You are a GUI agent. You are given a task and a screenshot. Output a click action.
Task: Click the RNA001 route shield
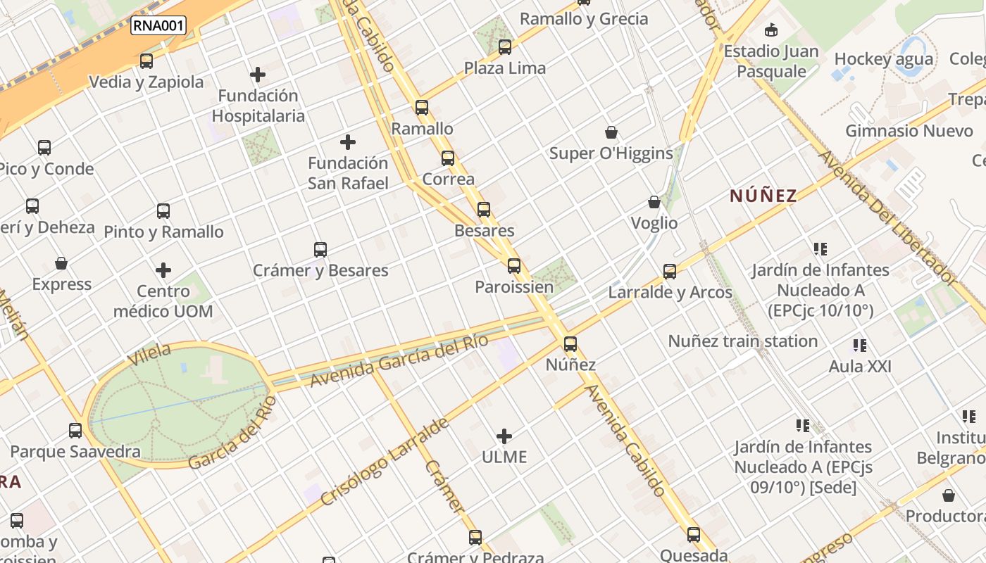coord(158,26)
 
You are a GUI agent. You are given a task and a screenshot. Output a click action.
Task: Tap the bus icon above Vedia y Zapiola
coord(146,61)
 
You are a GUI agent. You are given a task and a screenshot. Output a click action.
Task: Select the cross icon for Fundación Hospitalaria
coord(258,74)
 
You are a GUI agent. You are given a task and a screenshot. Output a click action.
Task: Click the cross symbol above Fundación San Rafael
coord(348,142)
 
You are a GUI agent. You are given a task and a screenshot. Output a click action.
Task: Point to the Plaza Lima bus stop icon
coord(505,47)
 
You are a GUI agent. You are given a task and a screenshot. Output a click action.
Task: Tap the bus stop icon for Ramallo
coord(422,108)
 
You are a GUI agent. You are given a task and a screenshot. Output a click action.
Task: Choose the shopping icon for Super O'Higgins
coord(611,132)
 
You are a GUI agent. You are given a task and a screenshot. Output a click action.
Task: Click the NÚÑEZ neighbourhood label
coord(763,196)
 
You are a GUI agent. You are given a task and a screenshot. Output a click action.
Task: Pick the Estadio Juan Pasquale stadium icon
coord(771,30)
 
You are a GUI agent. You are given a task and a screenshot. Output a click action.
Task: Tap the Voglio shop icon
coord(654,203)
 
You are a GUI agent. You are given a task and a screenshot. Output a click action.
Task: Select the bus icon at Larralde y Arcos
coord(670,271)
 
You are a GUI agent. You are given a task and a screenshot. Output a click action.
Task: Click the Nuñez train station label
coord(742,341)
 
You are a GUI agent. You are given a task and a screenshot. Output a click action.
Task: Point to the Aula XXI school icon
coord(860,346)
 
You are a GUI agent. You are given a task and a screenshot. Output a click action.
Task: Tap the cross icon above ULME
coord(504,436)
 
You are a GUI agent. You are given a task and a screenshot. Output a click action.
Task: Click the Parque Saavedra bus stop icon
coord(75,431)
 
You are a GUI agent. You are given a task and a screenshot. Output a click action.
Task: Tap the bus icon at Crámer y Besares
coord(320,250)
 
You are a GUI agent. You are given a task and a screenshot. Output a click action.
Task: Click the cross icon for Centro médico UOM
coord(163,270)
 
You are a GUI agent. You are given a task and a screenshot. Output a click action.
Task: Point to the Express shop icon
coord(61,264)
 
